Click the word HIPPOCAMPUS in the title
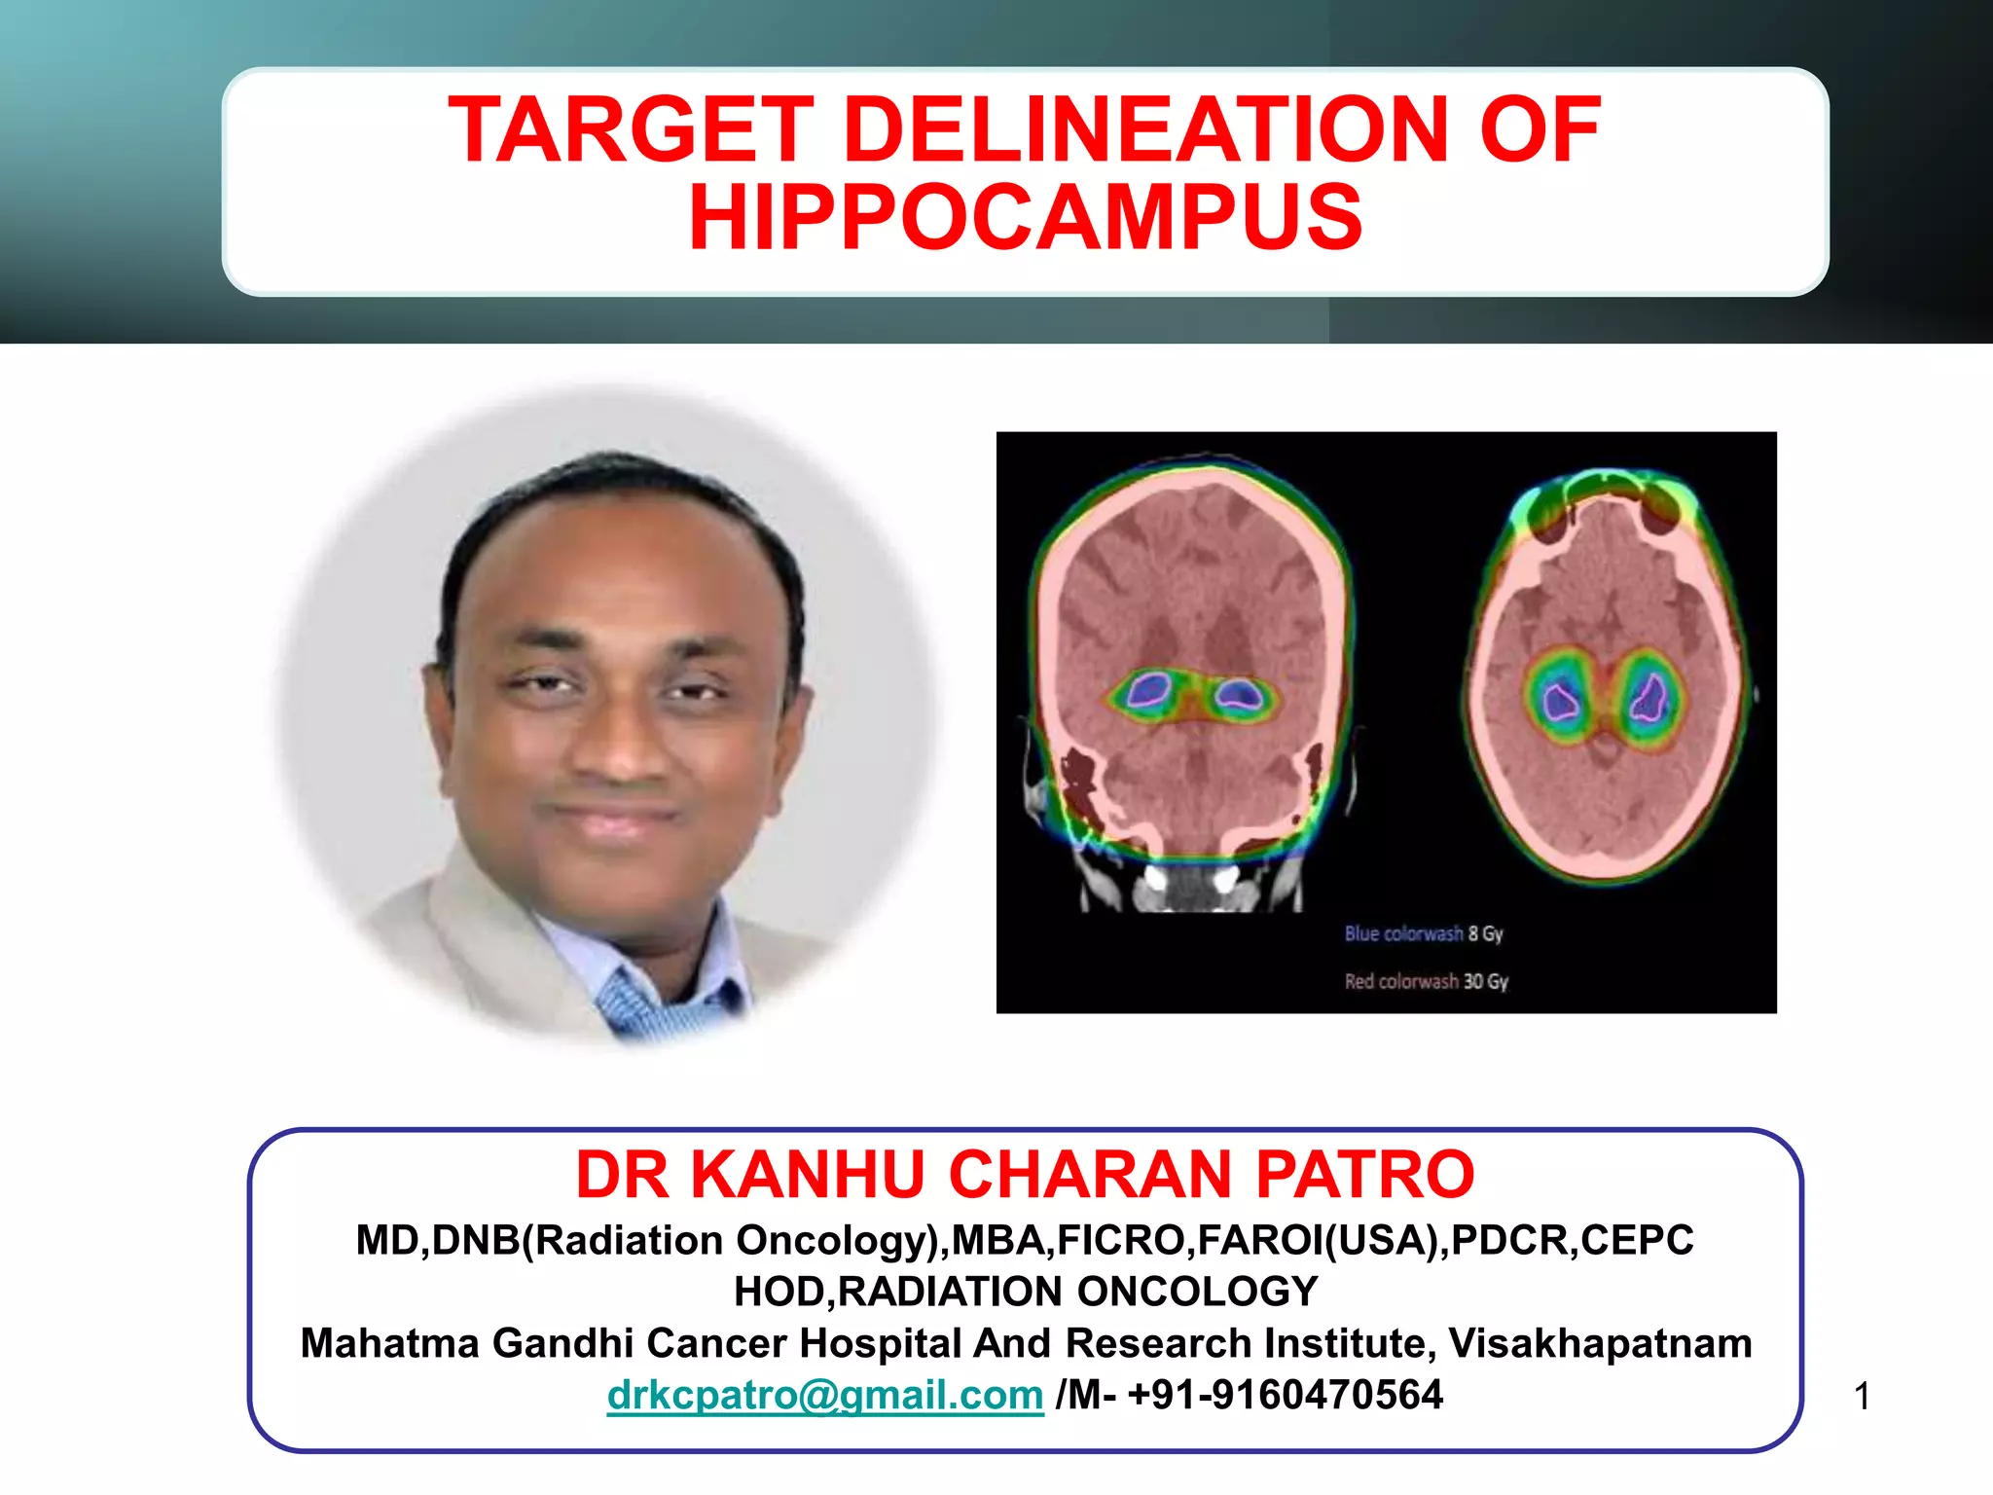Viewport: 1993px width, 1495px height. coord(1026,218)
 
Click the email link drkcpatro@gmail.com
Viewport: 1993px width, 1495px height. coord(824,1395)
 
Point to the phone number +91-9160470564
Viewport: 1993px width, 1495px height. coord(1285,1395)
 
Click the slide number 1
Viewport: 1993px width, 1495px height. coord(1862,1397)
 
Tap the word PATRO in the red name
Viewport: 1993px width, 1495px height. coord(1364,1175)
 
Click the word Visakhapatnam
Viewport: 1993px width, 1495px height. coord(1600,1343)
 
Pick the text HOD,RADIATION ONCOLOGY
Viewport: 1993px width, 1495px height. coord(1026,1292)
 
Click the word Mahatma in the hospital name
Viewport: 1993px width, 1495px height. coord(389,1343)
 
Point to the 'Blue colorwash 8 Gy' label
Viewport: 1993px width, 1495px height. coord(1423,933)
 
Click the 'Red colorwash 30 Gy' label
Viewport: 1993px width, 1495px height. coord(1426,981)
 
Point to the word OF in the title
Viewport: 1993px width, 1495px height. coord(1540,130)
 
